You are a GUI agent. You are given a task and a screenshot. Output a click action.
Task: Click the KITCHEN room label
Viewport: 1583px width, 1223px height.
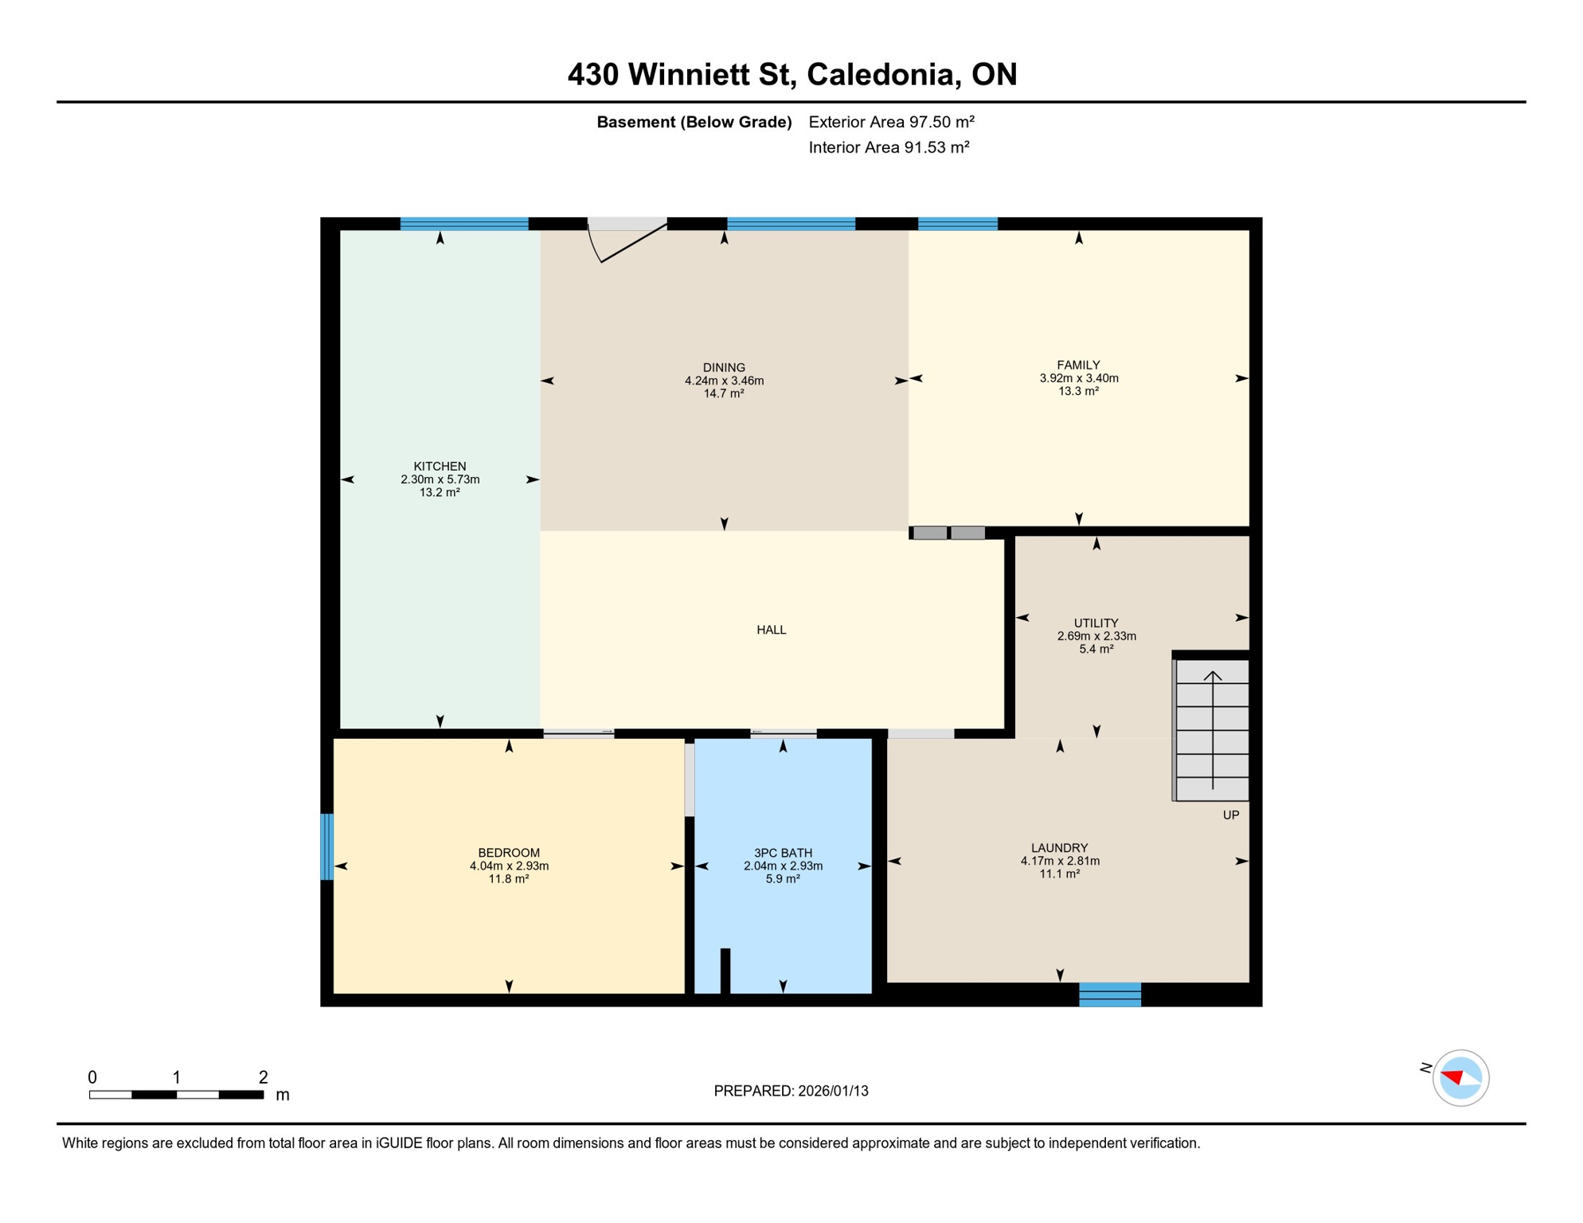440,466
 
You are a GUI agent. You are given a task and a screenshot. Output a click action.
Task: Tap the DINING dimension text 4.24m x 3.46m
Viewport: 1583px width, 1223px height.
724,381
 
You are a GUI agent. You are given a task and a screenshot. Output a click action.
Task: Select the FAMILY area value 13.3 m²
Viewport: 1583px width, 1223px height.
1078,391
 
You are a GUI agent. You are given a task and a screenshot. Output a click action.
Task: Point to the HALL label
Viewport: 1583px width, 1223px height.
771,630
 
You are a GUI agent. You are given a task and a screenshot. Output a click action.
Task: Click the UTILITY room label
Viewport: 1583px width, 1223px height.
1096,623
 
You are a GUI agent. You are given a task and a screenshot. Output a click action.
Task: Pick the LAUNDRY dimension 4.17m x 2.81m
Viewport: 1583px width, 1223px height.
1059,861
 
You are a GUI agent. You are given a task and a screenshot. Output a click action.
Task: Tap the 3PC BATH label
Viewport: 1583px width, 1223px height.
783,853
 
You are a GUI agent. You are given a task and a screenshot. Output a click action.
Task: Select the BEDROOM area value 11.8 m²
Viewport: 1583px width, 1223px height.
508,879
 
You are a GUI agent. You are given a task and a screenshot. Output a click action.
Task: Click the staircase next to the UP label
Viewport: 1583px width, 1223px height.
1212,729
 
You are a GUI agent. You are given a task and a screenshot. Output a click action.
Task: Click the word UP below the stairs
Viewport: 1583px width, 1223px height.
1230,815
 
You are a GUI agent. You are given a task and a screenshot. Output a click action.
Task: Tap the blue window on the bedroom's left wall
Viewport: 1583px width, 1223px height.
326,846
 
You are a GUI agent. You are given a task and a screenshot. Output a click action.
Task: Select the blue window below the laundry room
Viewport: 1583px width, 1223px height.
1109,994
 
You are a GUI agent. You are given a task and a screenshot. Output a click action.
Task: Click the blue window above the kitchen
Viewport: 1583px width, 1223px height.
463,224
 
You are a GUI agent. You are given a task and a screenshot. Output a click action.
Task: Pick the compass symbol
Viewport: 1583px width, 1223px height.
1460,1078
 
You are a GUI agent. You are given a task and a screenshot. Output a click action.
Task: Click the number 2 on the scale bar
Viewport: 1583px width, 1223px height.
263,1077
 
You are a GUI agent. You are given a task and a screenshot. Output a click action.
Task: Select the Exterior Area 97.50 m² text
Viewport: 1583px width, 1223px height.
891,122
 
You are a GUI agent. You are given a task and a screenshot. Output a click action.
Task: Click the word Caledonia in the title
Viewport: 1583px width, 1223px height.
880,74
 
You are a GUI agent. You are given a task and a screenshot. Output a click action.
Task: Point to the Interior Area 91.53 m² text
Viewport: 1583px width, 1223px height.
889,147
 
